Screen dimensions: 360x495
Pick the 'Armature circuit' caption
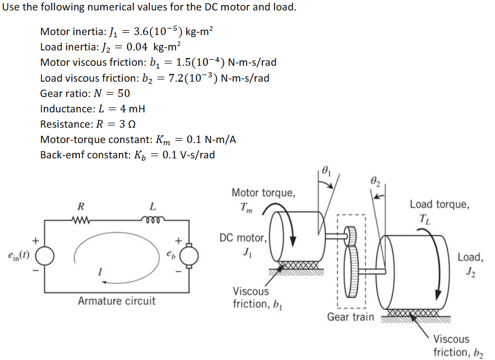tap(116, 301)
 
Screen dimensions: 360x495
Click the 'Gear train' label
tap(350, 317)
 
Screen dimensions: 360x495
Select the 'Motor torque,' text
tap(263, 192)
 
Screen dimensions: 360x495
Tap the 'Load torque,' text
tap(439, 204)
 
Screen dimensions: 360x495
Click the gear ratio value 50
tap(124, 93)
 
